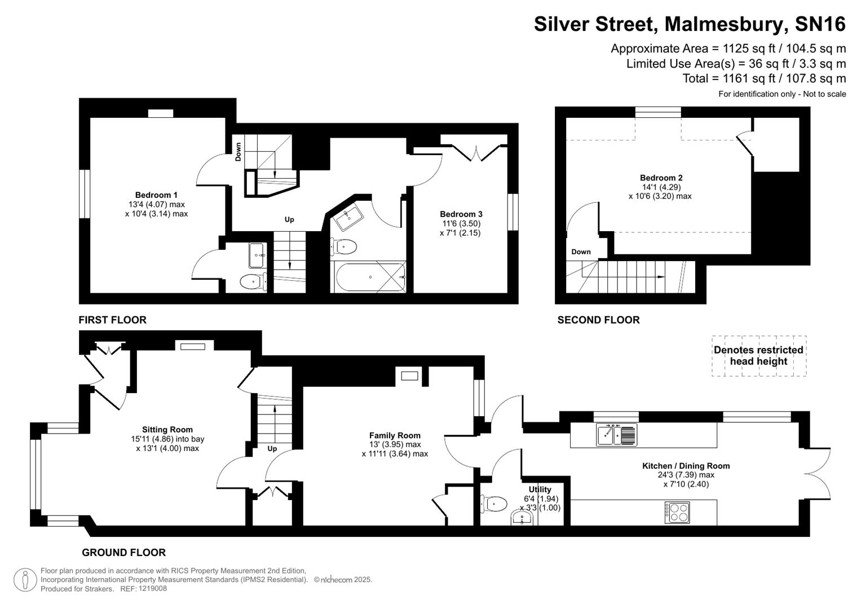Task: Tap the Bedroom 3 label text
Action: click(x=461, y=214)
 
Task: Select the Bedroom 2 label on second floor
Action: click(x=661, y=178)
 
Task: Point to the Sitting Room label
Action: click(x=167, y=430)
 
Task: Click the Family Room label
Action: click(x=395, y=435)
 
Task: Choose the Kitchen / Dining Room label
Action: click(x=686, y=466)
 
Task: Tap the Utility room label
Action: click(x=540, y=489)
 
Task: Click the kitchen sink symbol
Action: click(x=617, y=435)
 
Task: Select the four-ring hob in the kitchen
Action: click(x=677, y=513)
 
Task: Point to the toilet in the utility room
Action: click(x=494, y=504)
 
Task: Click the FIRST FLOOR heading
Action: click(x=112, y=320)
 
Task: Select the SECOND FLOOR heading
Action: click(x=598, y=320)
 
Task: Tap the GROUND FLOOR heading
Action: click(x=123, y=553)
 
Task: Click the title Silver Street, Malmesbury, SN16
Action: click(x=690, y=24)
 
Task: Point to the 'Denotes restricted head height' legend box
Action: click(x=758, y=356)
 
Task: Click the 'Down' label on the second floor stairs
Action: click(x=581, y=251)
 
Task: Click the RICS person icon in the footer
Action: click(x=25, y=580)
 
